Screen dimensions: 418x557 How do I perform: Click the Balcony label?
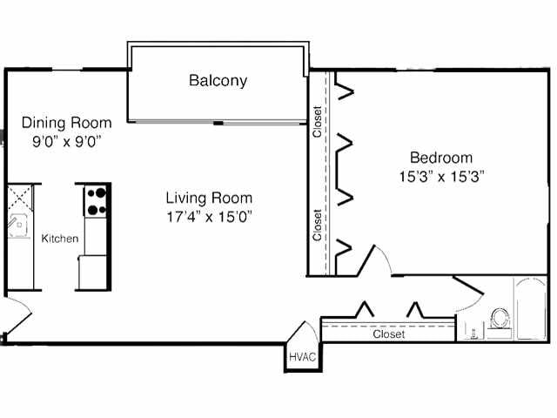click(x=218, y=81)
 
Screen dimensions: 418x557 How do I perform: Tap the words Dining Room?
click(x=66, y=123)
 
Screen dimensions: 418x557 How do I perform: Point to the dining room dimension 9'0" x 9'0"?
click(x=66, y=140)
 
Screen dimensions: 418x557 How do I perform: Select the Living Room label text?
click(x=209, y=198)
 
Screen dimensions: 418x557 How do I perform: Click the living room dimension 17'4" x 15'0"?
click(x=209, y=216)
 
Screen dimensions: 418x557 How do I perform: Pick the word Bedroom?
click(x=441, y=158)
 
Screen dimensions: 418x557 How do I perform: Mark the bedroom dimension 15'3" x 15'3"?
click(x=441, y=175)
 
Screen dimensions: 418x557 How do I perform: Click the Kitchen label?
click(x=60, y=239)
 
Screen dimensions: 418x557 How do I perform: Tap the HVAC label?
click(x=302, y=356)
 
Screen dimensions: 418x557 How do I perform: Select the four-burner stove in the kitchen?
click(x=97, y=200)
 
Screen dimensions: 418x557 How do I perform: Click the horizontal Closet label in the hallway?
click(x=388, y=334)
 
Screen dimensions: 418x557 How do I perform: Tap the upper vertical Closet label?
click(x=318, y=122)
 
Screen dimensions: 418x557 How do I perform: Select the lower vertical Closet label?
click(x=318, y=225)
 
